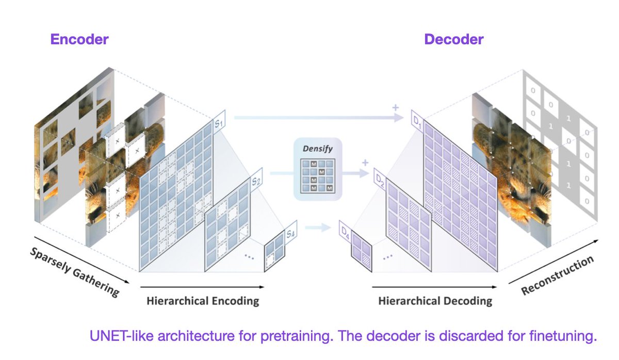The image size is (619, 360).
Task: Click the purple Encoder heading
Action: click(79, 39)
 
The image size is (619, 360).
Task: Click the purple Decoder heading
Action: click(454, 39)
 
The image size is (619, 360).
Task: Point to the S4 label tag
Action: click(290, 233)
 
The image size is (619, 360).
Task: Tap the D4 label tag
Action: click(344, 231)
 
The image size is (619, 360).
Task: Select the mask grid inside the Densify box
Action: click(318, 176)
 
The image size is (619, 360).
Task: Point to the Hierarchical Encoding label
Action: click(203, 300)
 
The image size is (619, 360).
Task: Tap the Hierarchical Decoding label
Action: click(435, 300)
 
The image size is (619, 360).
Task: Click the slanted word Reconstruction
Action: click(557, 276)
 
